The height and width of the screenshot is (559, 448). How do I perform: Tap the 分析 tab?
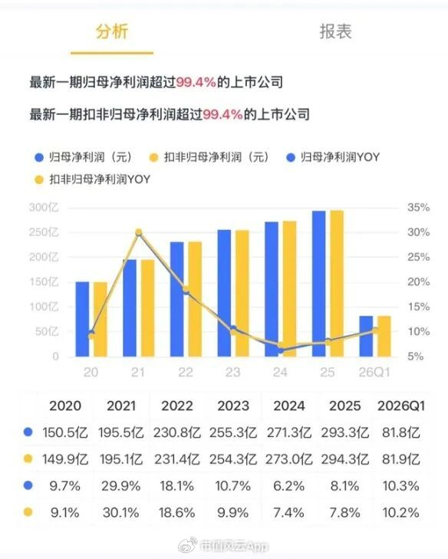tap(112, 31)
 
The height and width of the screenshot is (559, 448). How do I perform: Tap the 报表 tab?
tap(335, 31)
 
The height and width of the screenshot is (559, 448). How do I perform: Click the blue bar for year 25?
tap(318, 284)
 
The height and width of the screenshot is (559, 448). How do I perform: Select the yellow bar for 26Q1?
tap(384, 336)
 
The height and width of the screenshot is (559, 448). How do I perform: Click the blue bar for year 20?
tap(82, 319)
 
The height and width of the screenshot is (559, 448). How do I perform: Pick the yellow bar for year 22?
tap(195, 299)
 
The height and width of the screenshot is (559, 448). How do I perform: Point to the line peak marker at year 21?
tap(139, 232)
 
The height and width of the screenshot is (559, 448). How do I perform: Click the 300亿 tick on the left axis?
tap(44, 208)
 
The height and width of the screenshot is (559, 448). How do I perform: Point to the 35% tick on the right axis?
tap(418, 208)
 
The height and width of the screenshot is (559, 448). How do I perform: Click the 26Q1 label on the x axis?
tap(374, 373)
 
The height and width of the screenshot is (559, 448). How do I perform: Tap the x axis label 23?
tap(233, 373)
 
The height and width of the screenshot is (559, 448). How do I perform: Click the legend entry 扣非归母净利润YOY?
tap(93, 179)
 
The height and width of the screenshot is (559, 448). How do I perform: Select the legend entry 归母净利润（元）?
tap(84, 157)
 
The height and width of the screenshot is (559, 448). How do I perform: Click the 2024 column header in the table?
tap(289, 406)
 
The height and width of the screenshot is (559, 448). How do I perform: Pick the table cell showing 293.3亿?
tap(345, 432)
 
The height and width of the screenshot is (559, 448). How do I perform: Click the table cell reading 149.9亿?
tap(65, 459)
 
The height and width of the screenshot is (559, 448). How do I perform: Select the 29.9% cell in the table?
tap(121, 486)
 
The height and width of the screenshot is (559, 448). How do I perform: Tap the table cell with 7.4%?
tap(289, 513)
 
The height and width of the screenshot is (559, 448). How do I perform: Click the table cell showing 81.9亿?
tap(401, 459)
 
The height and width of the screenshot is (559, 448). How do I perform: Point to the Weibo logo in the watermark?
tap(188, 545)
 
